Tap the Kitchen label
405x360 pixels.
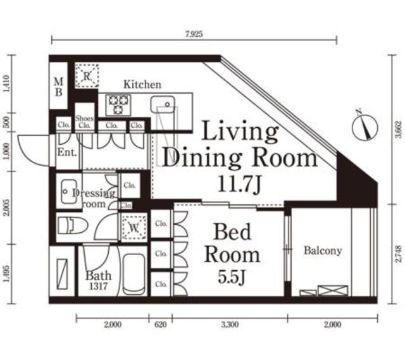point(142,84)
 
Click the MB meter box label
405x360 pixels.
point(58,87)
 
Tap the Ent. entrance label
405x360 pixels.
point(66,152)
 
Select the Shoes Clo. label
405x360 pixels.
point(84,121)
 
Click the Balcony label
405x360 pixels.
point(322,251)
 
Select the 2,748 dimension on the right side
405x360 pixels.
point(397,254)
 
